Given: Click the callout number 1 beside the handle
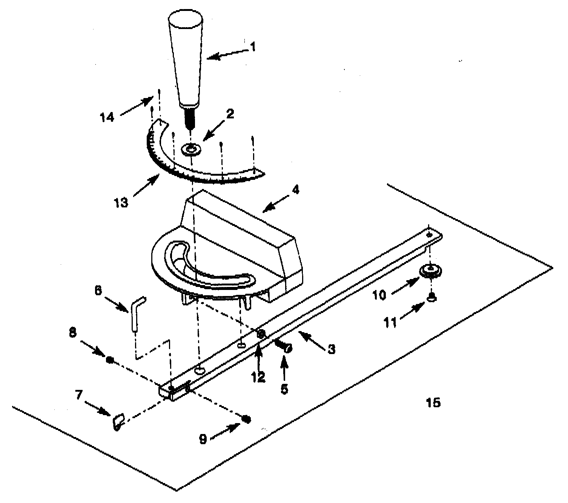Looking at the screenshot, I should (x=253, y=47).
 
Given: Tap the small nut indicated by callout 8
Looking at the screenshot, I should (x=110, y=359).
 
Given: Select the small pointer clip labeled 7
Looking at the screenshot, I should (x=118, y=421).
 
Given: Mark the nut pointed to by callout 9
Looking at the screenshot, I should (x=246, y=419).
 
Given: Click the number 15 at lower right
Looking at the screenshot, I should (x=434, y=403).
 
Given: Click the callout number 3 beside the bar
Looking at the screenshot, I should (x=331, y=350).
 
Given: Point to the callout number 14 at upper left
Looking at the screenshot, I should (x=107, y=117).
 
